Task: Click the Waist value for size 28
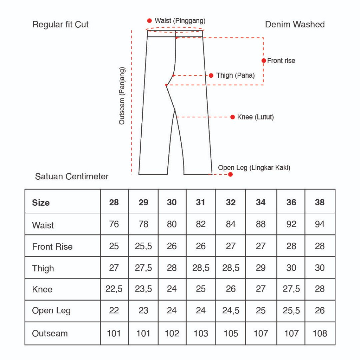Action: (x=114, y=224)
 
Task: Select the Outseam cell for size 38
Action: (x=320, y=333)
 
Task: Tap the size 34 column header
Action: (x=261, y=202)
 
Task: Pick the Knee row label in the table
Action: (x=42, y=289)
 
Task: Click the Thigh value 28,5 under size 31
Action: (x=201, y=268)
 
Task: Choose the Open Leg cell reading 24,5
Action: (x=231, y=311)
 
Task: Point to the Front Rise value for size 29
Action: (x=143, y=246)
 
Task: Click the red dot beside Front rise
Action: (x=264, y=60)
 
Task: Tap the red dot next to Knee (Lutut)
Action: (x=232, y=117)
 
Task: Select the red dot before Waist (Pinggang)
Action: (x=149, y=21)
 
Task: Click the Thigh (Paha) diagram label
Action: (x=235, y=76)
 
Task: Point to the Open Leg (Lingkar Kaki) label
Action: (x=254, y=168)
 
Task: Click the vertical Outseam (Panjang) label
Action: (x=122, y=95)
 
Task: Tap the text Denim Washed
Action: (x=295, y=25)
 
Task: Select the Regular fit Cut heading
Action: (x=60, y=25)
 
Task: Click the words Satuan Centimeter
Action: (x=72, y=176)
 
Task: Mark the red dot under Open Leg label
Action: (x=230, y=174)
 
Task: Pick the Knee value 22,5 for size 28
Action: (x=114, y=289)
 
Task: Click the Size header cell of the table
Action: (x=41, y=202)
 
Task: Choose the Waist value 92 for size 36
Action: (x=291, y=224)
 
